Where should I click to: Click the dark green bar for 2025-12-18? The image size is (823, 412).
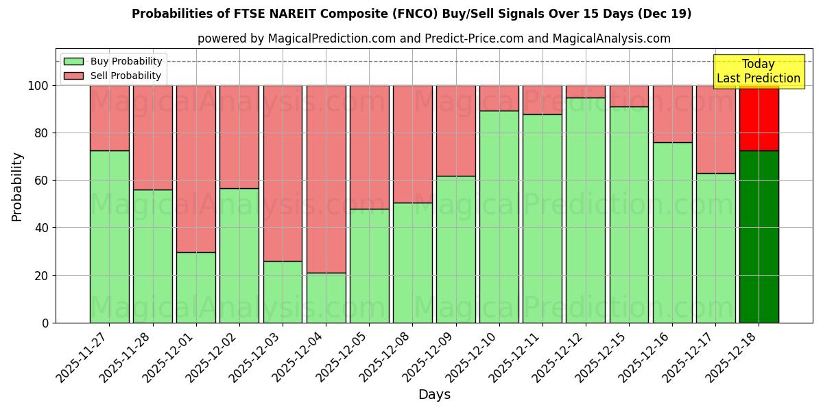[759, 236]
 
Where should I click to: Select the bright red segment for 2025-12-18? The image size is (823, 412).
[759, 118]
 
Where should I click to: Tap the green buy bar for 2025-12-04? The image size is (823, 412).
[326, 297]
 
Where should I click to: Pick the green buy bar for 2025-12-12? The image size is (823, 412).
[586, 209]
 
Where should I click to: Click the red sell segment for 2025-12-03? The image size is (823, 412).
[283, 173]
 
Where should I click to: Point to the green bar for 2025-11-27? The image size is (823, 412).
[109, 236]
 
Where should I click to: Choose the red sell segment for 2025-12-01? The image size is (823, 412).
[196, 168]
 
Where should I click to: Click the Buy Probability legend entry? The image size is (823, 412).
[126, 62]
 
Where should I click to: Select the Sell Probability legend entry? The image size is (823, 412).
[126, 76]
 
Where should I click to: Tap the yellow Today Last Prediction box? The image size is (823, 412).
[758, 71]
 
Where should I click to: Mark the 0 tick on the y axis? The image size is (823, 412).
[45, 323]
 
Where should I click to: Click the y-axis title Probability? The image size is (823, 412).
[18, 187]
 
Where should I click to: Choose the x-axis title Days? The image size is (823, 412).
[434, 395]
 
